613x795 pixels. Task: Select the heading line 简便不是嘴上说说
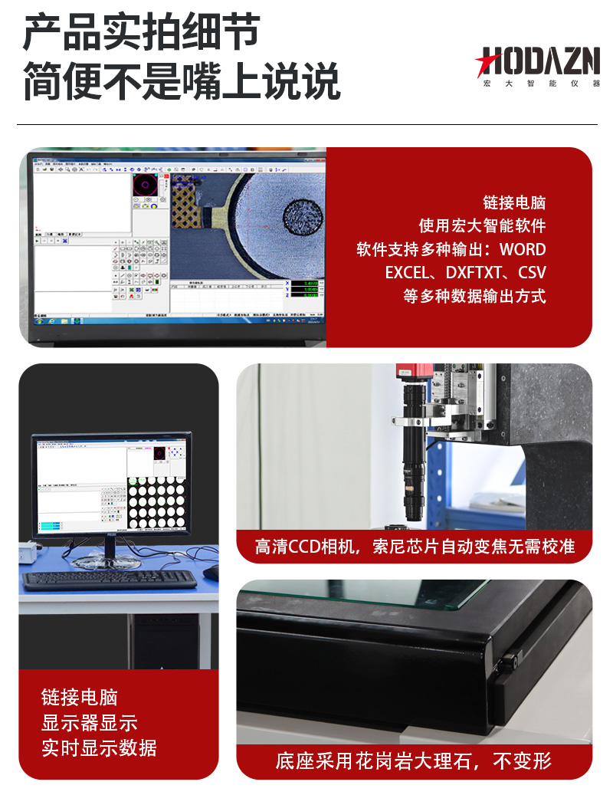(x=181, y=81)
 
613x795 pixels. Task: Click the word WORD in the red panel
(x=523, y=250)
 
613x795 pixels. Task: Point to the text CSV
(x=532, y=273)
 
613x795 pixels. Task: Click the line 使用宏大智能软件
(x=482, y=226)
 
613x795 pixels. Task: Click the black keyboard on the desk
(x=109, y=580)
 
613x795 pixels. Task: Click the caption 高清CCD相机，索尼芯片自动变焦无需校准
(x=415, y=547)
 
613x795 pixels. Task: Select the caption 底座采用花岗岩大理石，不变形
(x=414, y=761)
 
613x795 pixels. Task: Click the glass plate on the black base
(x=368, y=595)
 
